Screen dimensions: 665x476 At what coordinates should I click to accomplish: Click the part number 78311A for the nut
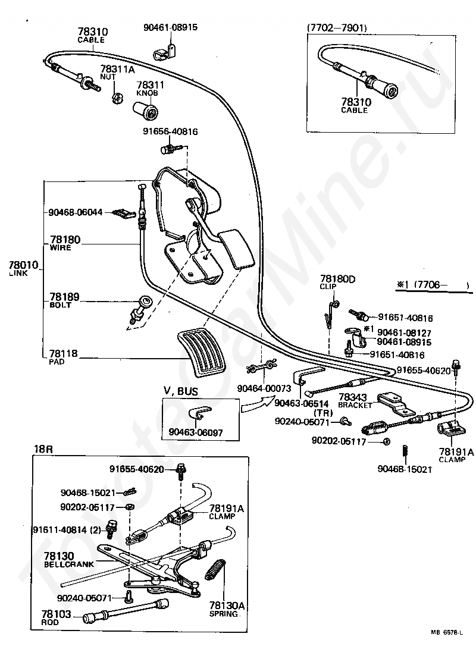[x=118, y=69]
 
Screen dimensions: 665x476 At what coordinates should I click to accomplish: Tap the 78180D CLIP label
[x=337, y=279]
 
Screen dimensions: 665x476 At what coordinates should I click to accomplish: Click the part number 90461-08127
[x=405, y=333]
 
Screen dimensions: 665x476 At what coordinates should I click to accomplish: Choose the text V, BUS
[x=181, y=390]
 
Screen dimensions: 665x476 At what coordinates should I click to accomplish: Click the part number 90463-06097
[x=196, y=432]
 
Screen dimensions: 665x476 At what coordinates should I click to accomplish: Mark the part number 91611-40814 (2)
[x=67, y=529]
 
